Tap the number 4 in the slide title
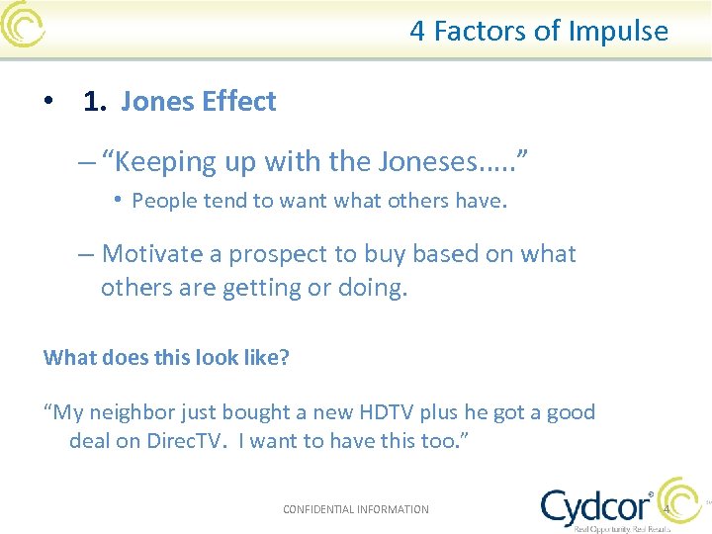417,32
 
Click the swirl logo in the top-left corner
22,24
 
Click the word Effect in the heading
240,102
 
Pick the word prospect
280,254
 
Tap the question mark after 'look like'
285,357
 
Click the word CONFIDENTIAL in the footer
318,509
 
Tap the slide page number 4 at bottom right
667,509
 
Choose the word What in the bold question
66,357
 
